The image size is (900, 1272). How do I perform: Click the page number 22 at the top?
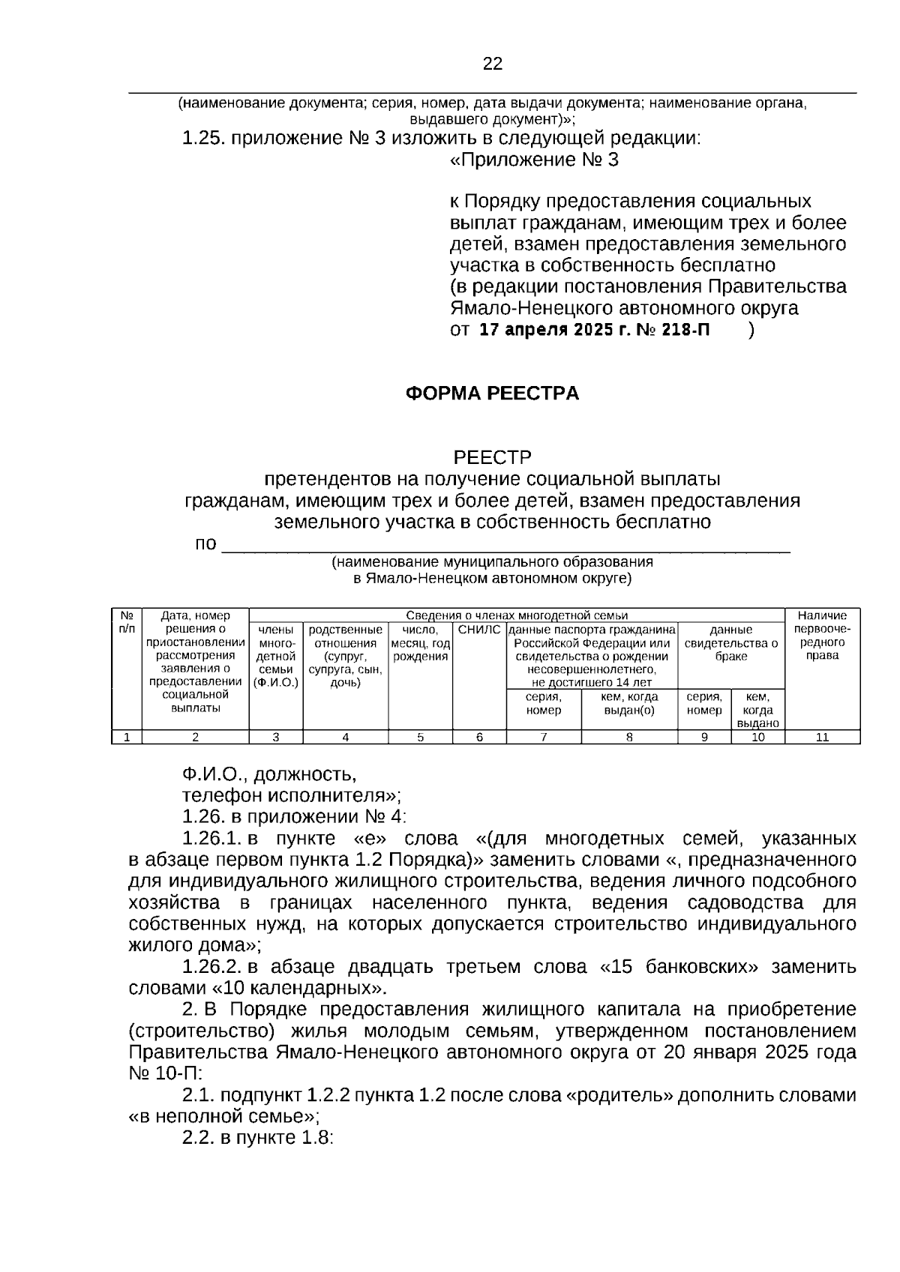pos(493,64)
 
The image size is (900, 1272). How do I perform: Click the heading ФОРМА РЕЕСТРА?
pos(492,394)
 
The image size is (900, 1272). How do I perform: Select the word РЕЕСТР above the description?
pos(492,457)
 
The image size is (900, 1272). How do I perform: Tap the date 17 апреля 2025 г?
pos(553,330)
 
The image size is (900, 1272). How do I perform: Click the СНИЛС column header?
pos(478,630)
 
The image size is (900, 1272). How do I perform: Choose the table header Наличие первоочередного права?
pos(822,636)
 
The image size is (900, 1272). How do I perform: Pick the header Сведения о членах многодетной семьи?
pos(517,615)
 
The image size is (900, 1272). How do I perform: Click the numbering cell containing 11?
pos(822,737)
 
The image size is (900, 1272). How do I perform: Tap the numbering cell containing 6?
pos(479,737)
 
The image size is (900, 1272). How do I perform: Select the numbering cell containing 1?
pos(127,737)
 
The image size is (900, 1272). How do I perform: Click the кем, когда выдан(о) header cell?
pos(629,703)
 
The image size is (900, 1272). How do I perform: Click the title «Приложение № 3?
pos(534,160)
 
